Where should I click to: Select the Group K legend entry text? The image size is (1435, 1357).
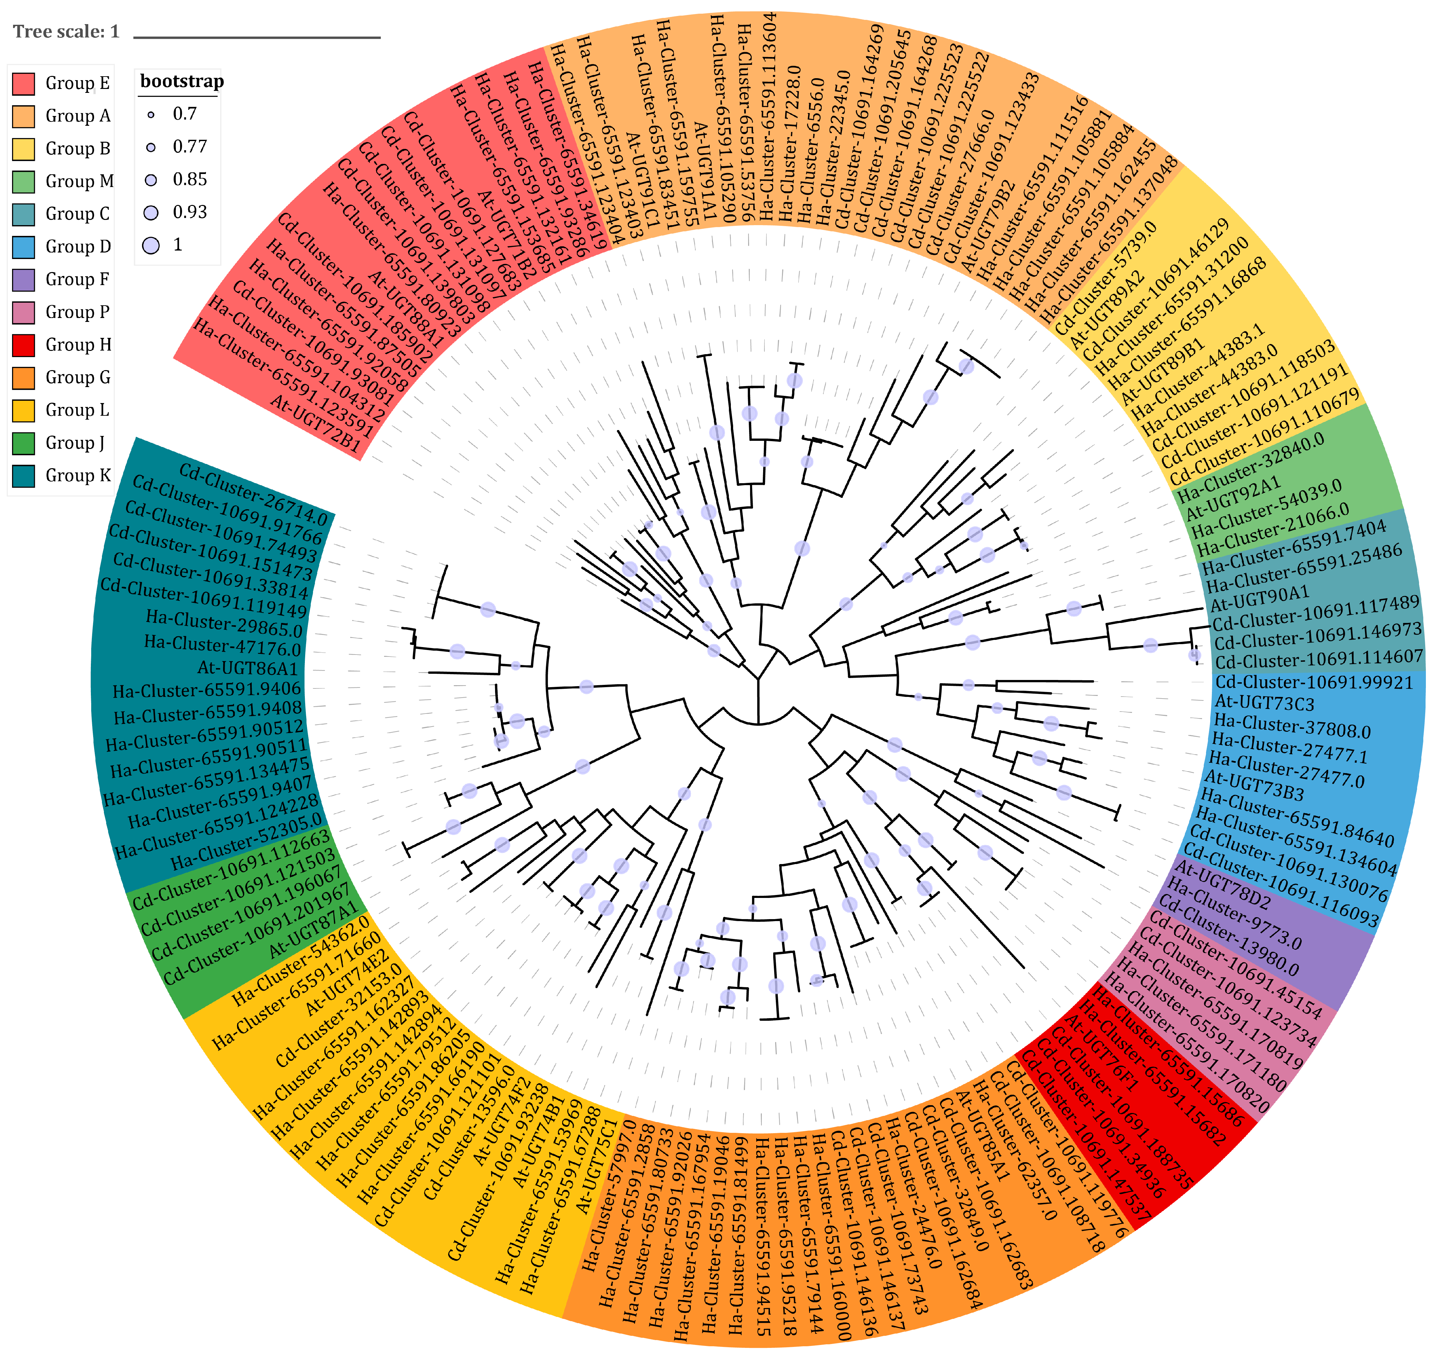pos(78,475)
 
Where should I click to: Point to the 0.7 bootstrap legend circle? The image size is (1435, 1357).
pos(151,114)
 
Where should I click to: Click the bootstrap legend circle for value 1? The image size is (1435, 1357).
pos(151,245)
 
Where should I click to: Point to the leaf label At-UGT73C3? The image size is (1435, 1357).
pos(1264,703)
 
